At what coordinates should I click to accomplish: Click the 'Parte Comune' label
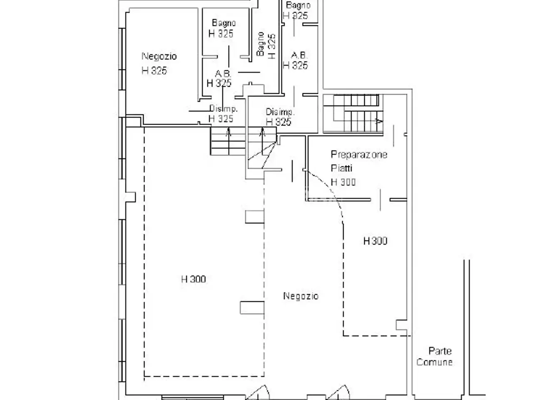[434, 357]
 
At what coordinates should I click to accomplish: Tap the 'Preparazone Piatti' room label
[359, 161]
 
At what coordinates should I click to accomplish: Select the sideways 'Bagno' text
[260, 44]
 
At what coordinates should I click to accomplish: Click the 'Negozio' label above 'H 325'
[159, 56]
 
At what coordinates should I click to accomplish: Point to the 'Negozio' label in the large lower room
[301, 296]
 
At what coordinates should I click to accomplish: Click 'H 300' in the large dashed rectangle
[194, 279]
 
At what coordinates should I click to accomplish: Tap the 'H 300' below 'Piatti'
[343, 182]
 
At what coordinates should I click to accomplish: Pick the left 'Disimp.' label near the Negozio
[223, 109]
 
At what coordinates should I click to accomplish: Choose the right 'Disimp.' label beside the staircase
[280, 112]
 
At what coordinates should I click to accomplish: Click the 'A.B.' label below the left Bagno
[223, 73]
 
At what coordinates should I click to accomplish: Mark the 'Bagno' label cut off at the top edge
[298, 5]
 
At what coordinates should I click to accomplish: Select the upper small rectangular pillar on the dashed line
[255, 217]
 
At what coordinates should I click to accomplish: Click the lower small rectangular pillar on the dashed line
[252, 308]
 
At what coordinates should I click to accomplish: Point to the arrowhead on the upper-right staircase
[379, 121]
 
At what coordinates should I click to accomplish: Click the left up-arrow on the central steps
[228, 132]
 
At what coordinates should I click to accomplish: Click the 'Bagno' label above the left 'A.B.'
[224, 23]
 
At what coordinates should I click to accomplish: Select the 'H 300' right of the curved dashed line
[376, 241]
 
